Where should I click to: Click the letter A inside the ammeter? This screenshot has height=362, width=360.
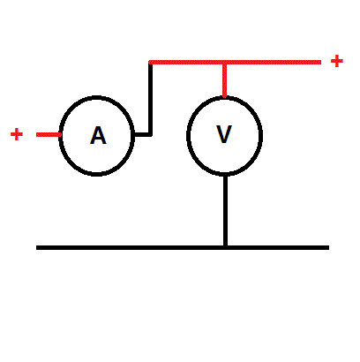pyautogui.click(x=98, y=135)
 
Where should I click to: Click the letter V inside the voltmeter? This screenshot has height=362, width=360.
pyautogui.click(x=224, y=134)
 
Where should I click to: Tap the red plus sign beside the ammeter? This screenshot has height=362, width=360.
pyautogui.click(x=17, y=134)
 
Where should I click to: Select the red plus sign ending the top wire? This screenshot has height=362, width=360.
pyautogui.click(x=337, y=61)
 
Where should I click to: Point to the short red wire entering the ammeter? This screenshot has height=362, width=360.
pyautogui.click(x=49, y=134)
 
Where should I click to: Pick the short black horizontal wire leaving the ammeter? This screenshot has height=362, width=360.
pyautogui.click(x=143, y=134)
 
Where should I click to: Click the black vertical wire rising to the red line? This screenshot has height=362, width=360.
pyautogui.click(x=150, y=99)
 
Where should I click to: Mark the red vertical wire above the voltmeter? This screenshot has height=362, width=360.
pyautogui.click(x=225, y=80)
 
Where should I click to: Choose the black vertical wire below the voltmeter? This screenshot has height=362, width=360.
pyautogui.click(x=225, y=211)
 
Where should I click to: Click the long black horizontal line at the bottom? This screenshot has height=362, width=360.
pyautogui.click(x=183, y=248)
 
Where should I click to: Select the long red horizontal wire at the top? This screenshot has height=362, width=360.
pyautogui.click(x=235, y=62)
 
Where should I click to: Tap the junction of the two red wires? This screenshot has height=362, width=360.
pyautogui.click(x=225, y=63)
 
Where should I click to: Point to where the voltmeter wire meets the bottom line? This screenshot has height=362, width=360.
pyautogui.click(x=225, y=247)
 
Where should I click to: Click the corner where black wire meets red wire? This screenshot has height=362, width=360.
pyautogui.click(x=150, y=63)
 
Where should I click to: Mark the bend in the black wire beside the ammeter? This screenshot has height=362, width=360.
pyautogui.click(x=150, y=134)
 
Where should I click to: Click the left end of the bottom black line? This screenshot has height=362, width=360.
pyautogui.click(x=36, y=248)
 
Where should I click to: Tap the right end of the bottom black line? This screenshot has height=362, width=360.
pyautogui.click(x=329, y=248)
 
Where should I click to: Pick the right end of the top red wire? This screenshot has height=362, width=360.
pyautogui.click(x=321, y=62)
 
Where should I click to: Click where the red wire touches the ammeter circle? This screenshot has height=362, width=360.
pyautogui.click(x=61, y=134)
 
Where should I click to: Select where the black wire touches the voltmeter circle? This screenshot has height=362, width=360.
pyautogui.click(x=225, y=175)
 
